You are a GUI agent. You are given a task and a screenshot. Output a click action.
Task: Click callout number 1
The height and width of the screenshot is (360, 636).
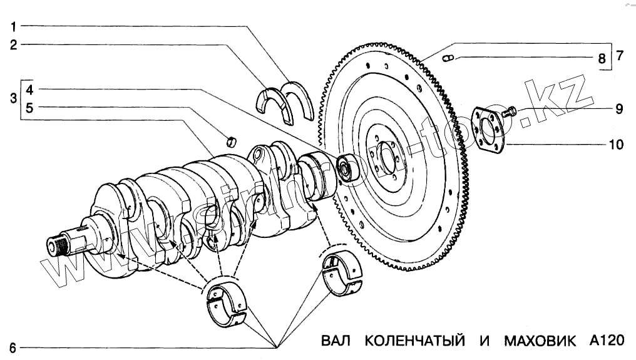click(13, 26)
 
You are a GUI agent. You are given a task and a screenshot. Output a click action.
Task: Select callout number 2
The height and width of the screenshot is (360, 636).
click(13, 44)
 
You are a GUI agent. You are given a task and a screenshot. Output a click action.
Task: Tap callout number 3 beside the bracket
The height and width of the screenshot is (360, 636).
click(13, 98)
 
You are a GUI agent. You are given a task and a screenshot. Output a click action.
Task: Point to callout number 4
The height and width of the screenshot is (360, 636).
click(29, 89)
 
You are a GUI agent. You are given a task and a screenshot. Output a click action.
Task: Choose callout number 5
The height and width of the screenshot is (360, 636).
click(29, 107)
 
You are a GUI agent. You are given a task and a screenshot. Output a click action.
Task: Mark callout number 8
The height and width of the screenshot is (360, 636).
click(601, 59)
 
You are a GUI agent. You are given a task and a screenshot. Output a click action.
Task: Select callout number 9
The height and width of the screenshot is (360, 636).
click(618, 109)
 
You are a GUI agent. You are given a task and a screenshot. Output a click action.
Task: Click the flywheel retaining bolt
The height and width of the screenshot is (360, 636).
click(510, 113)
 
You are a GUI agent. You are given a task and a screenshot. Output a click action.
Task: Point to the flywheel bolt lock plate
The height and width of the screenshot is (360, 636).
click(488, 130)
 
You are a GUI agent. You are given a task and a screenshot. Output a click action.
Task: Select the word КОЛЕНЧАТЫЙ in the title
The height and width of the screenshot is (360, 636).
click(415, 341)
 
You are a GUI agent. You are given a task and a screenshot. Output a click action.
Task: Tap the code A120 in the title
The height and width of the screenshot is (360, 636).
click(607, 341)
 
